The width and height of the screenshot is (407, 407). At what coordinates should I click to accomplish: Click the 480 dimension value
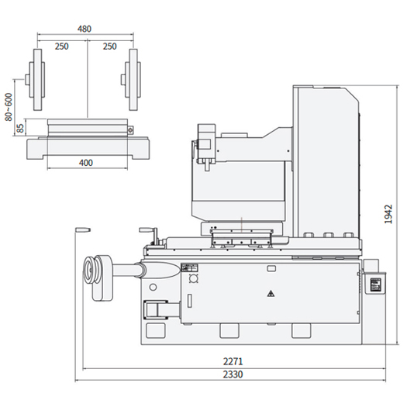pyautogui.click(x=85, y=29)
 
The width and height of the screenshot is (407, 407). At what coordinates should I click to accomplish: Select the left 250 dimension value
pyautogui.click(x=61, y=47)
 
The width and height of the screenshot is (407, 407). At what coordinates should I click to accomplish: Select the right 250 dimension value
pyautogui.click(x=109, y=47)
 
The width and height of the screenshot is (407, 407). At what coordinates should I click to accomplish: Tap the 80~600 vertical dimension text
pyautogui.click(x=9, y=107)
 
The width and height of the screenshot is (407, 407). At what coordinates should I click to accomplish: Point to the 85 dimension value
pyautogui.click(x=20, y=128)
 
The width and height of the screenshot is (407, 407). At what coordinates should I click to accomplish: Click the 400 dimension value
pyautogui.click(x=85, y=163)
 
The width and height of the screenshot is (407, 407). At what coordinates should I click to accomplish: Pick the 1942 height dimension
pyautogui.click(x=388, y=214)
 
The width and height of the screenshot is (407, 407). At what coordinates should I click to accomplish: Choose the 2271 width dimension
pyautogui.click(x=233, y=361)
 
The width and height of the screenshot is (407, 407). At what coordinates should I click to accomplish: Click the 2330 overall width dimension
pyautogui.click(x=233, y=374)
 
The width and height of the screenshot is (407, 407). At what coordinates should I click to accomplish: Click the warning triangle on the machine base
pyautogui.click(x=271, y=294)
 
